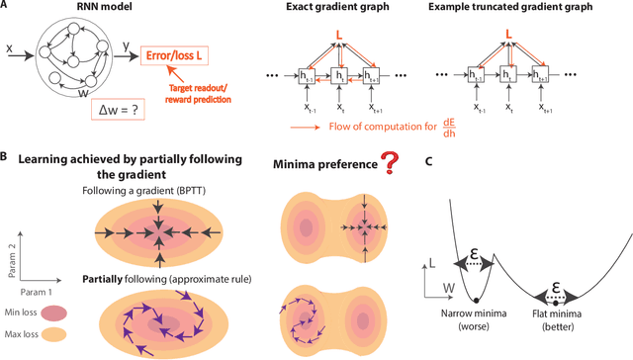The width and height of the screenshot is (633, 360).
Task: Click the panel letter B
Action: point(6,157)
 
